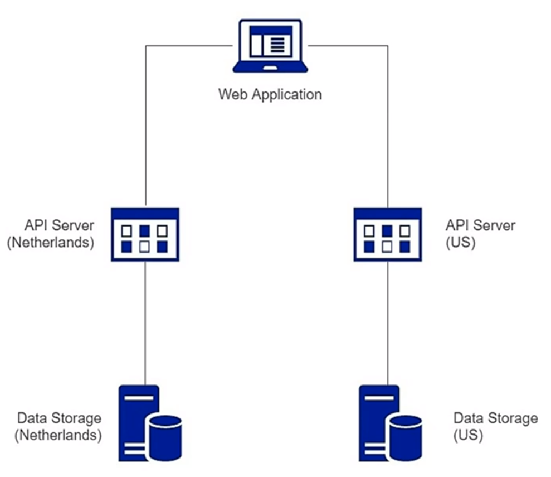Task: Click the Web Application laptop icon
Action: click(270, 46)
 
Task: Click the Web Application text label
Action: click(270, 94)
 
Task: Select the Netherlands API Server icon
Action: click(145, 234)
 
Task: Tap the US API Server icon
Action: click(388, 234)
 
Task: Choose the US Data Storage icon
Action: click(390, 423)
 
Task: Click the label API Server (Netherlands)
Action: click(51, 234)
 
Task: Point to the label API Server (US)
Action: click(480, 234)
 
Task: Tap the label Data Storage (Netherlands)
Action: click(59, 427)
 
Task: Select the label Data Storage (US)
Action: click(495, 427)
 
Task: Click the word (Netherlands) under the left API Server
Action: click(51, 244)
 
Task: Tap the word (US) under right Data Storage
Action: click(468, 436)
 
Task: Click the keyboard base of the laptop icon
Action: click(270, 67)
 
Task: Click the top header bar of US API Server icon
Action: click(388, 213)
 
